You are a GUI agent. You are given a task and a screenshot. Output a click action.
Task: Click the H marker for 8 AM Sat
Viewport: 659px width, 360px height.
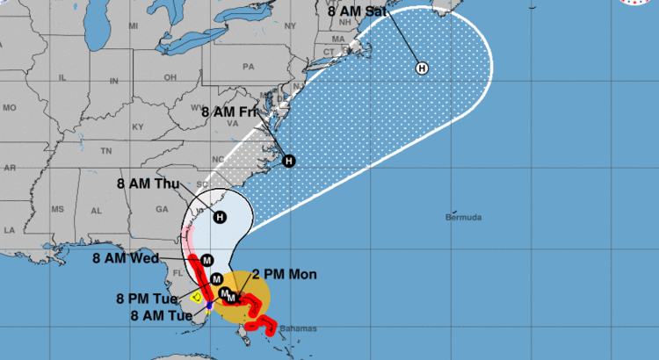point(422,68)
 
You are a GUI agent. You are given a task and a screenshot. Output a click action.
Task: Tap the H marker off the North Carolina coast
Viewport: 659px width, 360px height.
point(289,161)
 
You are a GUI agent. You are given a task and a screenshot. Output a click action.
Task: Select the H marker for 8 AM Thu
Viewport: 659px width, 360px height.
point(220,217)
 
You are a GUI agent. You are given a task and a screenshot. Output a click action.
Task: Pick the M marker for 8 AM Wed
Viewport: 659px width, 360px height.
point(206,260)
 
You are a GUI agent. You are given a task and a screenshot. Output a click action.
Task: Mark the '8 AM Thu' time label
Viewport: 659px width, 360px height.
point(148,184)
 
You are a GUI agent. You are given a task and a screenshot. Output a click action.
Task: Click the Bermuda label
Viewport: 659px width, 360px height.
point(465,217)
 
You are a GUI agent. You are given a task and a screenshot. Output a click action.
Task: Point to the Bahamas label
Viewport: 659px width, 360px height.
point(298,328)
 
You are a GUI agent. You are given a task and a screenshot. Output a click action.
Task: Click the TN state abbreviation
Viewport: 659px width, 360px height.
point(107,150)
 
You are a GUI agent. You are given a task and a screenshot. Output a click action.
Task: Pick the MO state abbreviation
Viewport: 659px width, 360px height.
point(10,107)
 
